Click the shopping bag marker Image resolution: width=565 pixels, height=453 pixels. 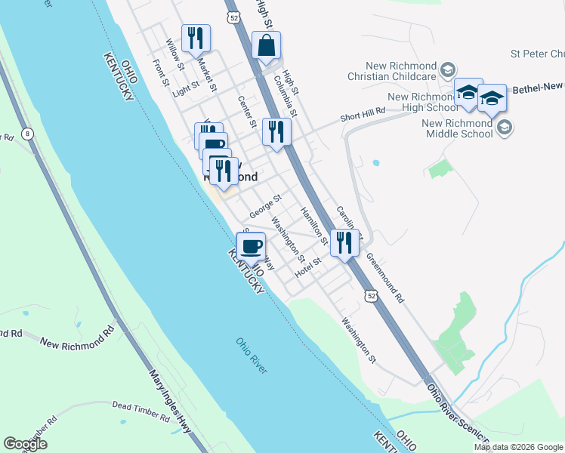(x=267, y=45)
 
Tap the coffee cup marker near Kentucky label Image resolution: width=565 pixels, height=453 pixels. (x=251, y=246)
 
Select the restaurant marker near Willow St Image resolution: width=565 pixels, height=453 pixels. (x=196, y=39)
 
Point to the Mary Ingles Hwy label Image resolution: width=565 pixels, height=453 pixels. (x=169, y=401)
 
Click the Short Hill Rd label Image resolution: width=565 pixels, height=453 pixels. (x=363, y=114)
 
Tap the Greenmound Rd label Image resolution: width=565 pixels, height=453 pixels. (x=385, y=277)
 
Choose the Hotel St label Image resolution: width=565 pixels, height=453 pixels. (x=309, y=267)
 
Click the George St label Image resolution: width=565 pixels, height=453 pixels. (x=267, y=206)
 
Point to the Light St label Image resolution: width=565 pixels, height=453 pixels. (x=185, y=90)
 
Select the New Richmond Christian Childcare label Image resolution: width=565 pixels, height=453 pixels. (x=391, y=70)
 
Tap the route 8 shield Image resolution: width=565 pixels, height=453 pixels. (x=29, y=134)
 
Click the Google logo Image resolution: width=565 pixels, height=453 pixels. (x=25, y=444)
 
